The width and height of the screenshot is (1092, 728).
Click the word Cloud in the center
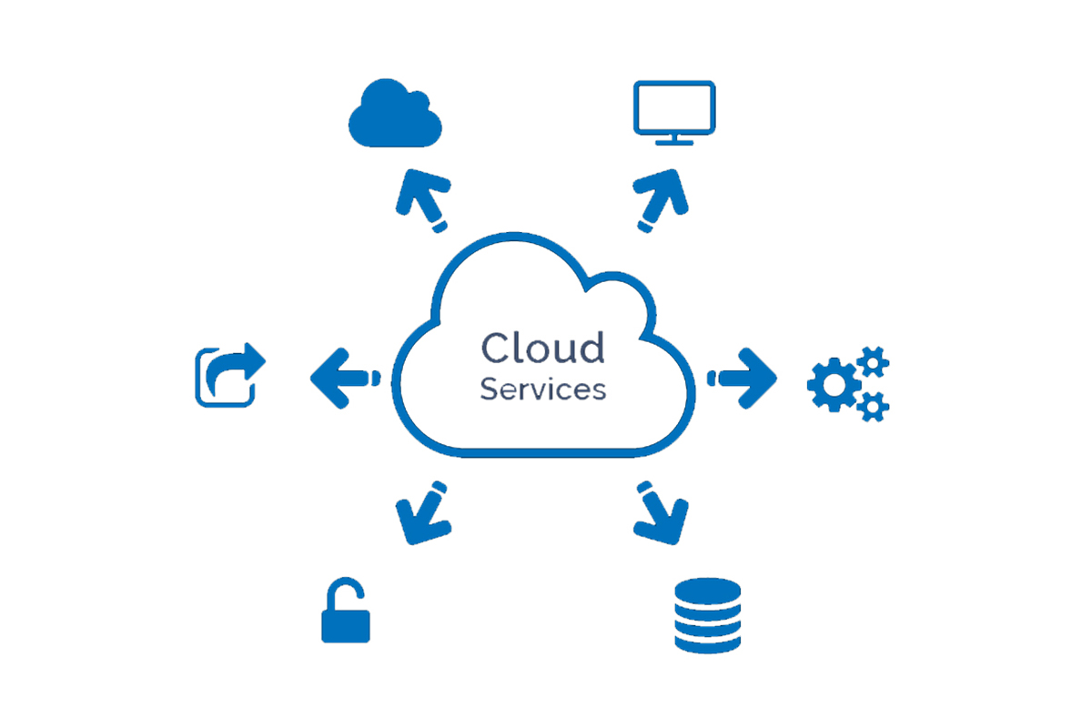coord(542,349)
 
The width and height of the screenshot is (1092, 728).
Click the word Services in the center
coord(542,389)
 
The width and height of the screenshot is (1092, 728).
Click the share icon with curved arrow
coord(228,375)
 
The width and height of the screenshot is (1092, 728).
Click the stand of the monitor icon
coord(673,138)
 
